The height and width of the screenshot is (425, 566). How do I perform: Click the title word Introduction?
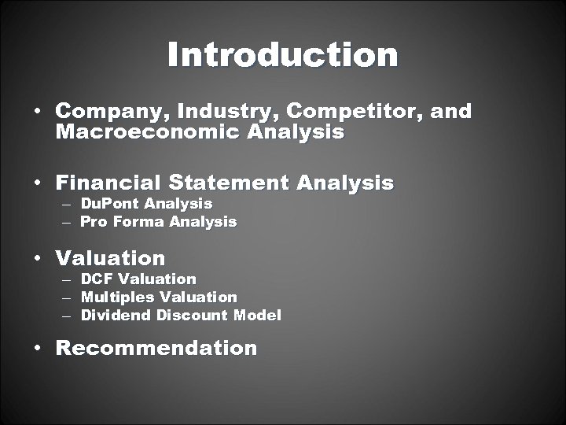(x=282, y=55)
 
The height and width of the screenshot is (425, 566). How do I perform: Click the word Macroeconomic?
(x=149, y=131)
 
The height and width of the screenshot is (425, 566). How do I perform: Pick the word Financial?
(x=110, y=183)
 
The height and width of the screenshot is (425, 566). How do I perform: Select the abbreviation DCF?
(x=97, y=279)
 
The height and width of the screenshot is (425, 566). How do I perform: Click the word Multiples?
(x=117, y=297)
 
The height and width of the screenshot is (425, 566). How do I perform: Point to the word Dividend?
(x=116, y=316)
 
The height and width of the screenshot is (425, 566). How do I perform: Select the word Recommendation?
(x=156, y=348)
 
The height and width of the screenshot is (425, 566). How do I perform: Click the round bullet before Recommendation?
(x=38, y=348)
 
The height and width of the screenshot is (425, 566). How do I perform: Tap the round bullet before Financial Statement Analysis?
(x=38, y=184)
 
